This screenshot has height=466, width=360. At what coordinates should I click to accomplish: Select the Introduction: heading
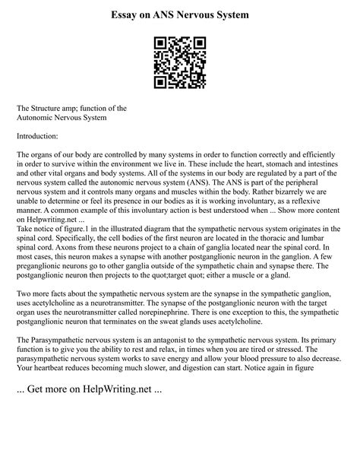pyautogui.click(x=37, y=136)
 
